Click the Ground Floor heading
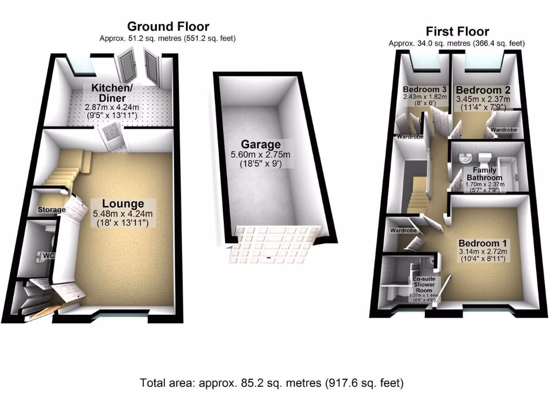point(168,26)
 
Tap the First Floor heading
point(457,31)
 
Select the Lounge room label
point(124,204)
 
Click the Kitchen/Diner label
point(108,93)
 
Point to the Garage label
point(260,144)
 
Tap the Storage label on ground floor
point(51,210)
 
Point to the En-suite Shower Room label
point(424,284)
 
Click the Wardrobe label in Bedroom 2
point(504,130)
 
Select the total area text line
point(271,383)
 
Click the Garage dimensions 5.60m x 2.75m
point(261,154)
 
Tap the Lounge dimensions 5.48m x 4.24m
point(124,214)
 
